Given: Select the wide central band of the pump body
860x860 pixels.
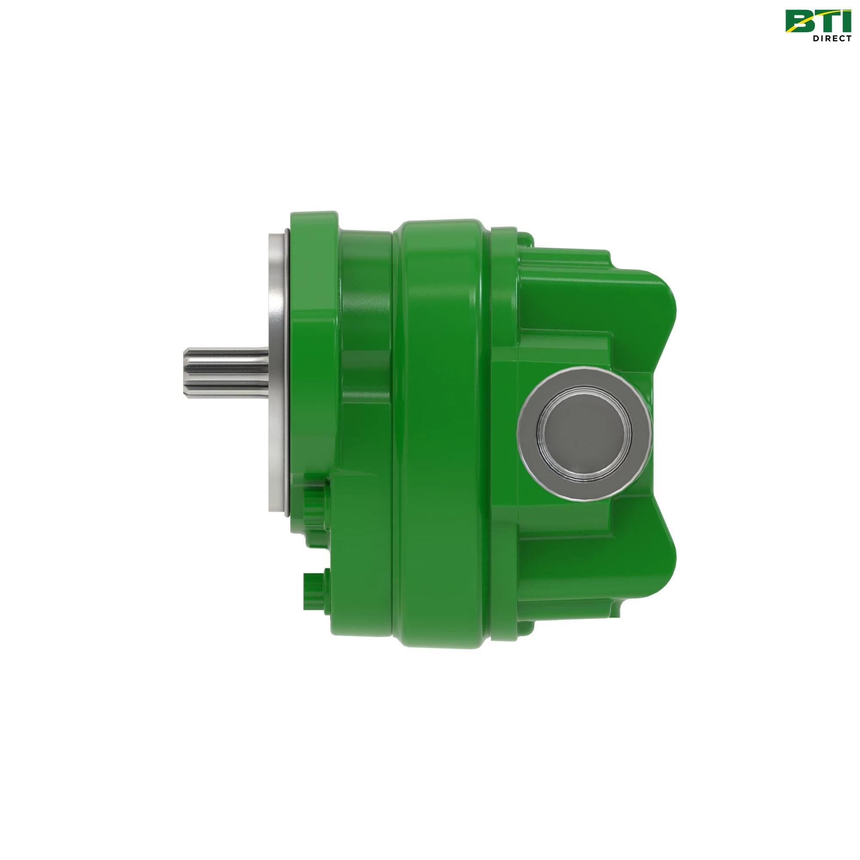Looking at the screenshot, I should pos(441,427).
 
